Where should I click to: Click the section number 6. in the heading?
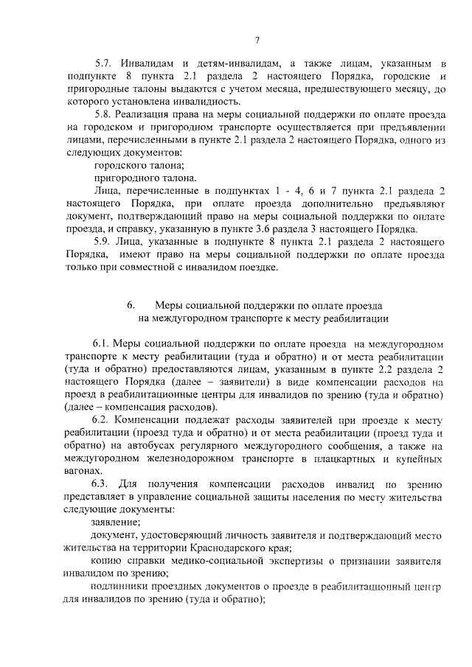(x=131, y=305)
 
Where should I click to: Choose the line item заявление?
(x=113, y=521)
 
